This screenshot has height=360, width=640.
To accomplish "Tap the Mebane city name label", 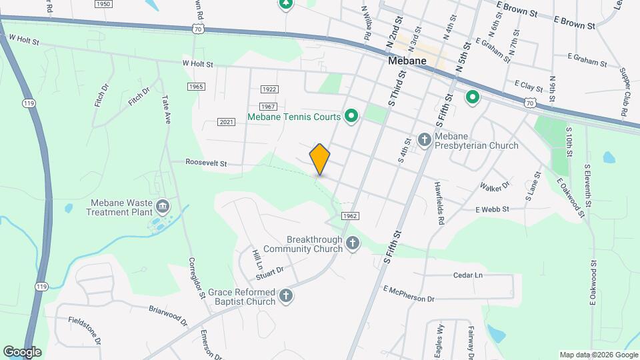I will [x=407, y=61].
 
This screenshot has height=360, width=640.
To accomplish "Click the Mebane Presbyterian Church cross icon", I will [x=424, y=140].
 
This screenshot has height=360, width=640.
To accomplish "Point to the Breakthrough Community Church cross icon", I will [x=353, y=244].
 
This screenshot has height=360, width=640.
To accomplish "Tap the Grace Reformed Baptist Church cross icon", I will [x=286, y=296].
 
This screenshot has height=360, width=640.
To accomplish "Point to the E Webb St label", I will [x=492, y=209].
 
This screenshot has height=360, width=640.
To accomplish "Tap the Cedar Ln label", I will [x=467, y=275].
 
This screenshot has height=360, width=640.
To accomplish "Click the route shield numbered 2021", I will [x=226, y=121].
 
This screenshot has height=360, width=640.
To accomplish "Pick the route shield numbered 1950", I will [x=103, y=4].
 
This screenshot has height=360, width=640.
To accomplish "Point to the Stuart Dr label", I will [x=269, y=271].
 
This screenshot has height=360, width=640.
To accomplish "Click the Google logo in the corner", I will [x=22, y=352].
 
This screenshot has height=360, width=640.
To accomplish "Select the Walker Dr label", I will [x=495, y=185].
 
